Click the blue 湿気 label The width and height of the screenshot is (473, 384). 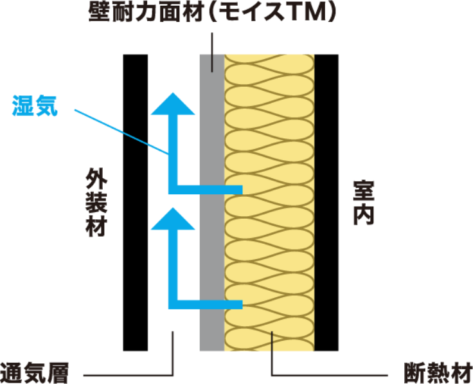(35, 105)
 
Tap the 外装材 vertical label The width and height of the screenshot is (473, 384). (96, 202)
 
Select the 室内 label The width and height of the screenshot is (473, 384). (364, 203)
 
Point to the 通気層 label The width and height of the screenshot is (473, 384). (34, 373)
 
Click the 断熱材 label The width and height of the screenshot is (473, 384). (438, 374)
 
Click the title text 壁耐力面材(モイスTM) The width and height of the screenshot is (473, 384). (212, 12)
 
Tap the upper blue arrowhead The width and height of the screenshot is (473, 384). (173, 104)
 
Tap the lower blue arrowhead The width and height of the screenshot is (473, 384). (173, 219)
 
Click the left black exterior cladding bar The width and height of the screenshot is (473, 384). (136, 203)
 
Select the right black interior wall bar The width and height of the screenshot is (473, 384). (326, 203)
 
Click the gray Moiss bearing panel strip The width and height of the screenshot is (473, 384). (212, 203)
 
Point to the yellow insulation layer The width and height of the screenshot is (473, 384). (269, 203)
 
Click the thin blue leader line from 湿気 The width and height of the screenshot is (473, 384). (121, 132)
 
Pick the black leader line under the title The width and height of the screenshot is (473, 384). (212, 52)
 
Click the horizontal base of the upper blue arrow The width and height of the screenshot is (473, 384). (206, 190)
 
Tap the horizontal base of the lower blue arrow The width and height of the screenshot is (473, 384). (206, 305)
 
